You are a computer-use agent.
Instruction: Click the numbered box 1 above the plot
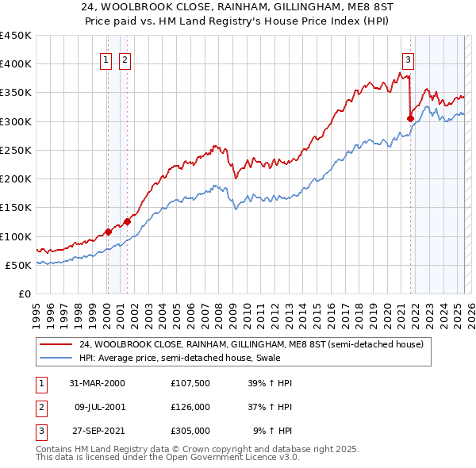[x=106, y=59]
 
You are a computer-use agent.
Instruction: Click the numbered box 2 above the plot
[x=125, y=59]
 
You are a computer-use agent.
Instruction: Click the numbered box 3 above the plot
[x=408, y=59]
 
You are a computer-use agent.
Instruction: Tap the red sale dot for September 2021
[x=410, y=119]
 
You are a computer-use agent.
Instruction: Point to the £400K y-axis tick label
[x=16, y=64]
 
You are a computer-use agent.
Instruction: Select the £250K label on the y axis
[x=16, y=151]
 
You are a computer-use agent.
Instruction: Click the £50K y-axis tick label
[x=19, y=266]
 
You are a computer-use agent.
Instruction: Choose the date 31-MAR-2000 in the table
[x=97, y=383]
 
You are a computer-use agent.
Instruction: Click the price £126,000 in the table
[x=190, y=407]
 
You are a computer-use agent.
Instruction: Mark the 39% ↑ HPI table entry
[x=270, y=383]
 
